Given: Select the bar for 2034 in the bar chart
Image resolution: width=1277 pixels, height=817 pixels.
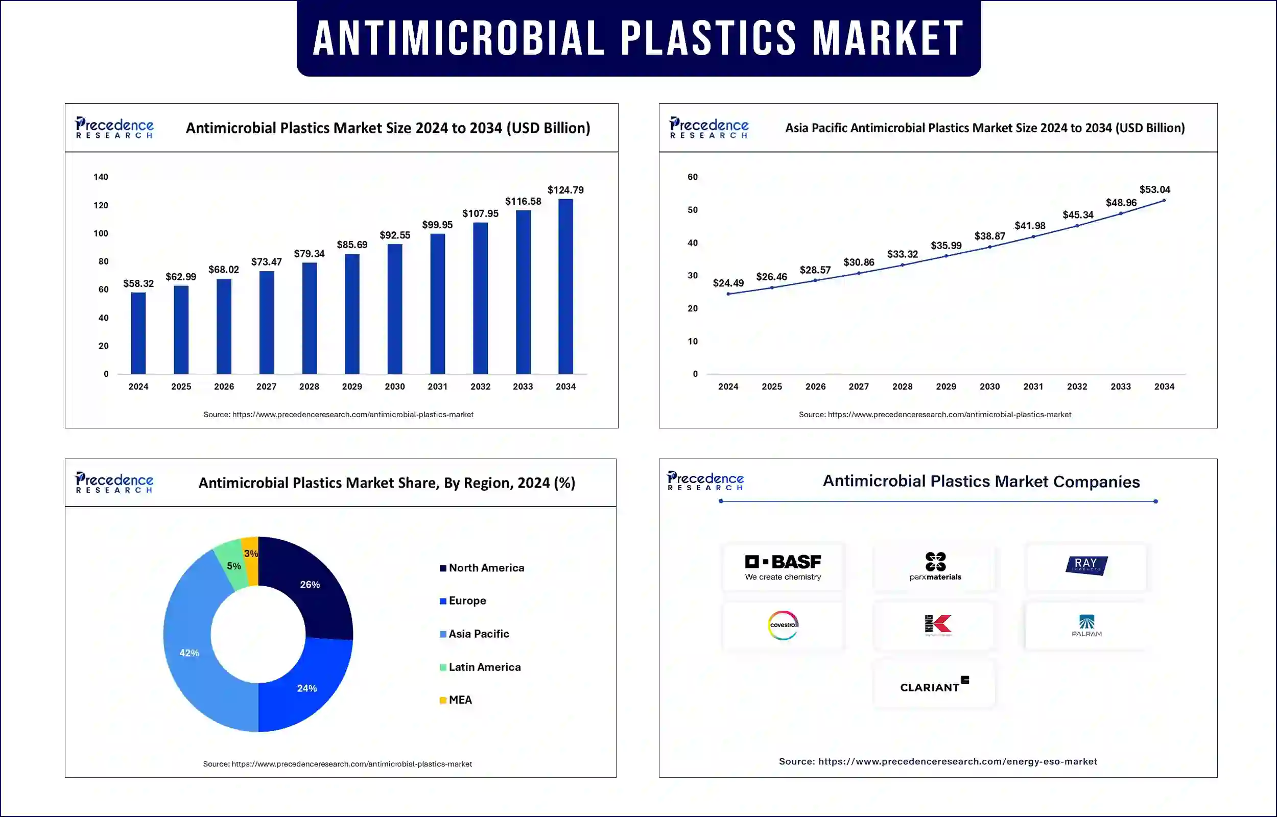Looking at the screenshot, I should click(x=565, y=286).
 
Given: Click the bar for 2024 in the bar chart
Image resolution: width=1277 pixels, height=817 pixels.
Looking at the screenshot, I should click(x=138, y=333).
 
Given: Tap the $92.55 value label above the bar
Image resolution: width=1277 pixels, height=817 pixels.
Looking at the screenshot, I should click(x=395, y=235).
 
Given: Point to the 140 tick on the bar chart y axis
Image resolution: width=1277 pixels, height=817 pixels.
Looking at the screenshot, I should click(x=101, y=177).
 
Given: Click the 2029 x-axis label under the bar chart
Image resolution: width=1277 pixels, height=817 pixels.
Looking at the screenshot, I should click(x=352, y=387).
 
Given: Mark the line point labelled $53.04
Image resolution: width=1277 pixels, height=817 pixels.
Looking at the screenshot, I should click(x=1164, y=201).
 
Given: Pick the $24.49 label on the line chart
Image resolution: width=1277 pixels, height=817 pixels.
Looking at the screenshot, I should click(x=728, y=283).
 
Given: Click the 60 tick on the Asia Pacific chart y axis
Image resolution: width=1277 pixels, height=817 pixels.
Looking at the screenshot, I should click(x=692, y=177).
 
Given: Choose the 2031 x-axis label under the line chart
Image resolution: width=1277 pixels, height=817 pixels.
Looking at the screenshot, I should click(x=1033, y=387).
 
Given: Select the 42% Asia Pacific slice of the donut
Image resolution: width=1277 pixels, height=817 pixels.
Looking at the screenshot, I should click(x=189, y=653).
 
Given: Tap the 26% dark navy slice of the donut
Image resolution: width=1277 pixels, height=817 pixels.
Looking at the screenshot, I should click(x=310, y=585).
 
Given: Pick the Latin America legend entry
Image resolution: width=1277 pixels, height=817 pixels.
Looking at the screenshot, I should click(x=484, y=667).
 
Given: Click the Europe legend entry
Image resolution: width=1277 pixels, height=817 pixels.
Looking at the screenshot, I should click(x=467, y=601).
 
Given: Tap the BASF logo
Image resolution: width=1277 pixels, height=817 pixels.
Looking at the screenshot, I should click(x=783, y=567).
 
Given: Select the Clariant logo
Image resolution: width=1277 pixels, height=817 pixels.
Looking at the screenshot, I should click(x=934, y=685).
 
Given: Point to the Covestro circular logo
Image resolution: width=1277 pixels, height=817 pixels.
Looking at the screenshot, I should click(x=783, y=625).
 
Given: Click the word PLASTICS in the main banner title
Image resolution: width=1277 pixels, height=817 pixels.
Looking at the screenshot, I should click(x=708, y=38).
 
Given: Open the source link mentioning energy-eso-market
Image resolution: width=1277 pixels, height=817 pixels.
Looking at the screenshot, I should click(x=937, y=762).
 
